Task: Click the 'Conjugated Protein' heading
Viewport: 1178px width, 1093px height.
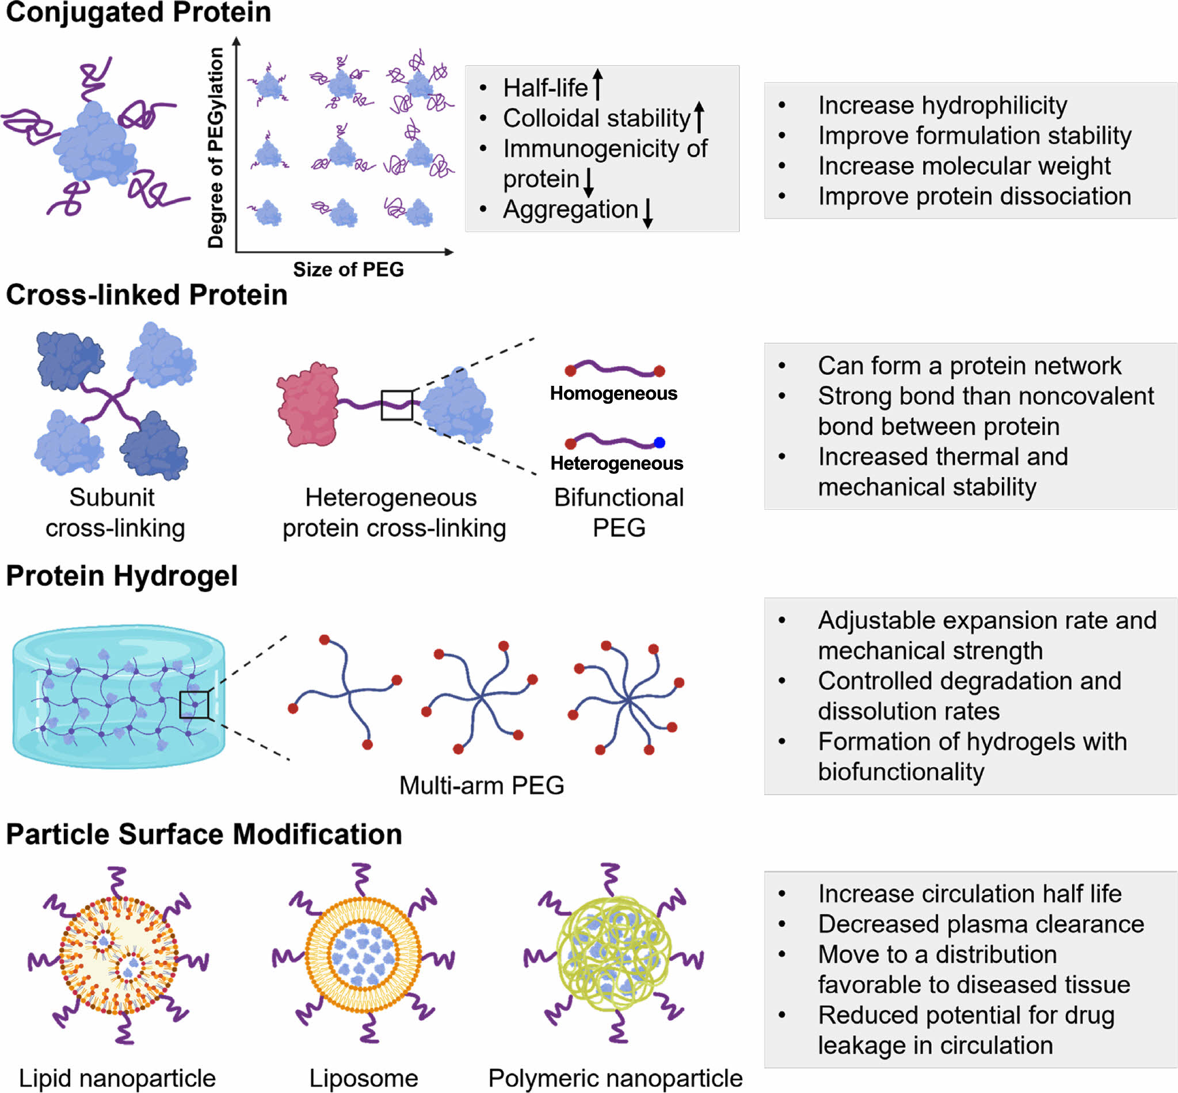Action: (x=138, y=13)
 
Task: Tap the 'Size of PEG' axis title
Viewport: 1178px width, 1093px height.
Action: (x=348, y=270)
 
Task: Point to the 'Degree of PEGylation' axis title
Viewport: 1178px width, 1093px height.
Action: (x=216, y=148)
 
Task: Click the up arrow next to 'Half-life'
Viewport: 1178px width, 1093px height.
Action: (x=597, y=85)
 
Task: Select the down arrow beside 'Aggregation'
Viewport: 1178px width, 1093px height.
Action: (x=648, y=213)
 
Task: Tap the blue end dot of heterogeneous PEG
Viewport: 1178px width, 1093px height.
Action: (x=659, y=442)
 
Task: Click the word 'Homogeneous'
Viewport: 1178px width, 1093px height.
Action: (x=613, y=394)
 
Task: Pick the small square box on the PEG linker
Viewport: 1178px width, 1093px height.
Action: (x=397, y=405)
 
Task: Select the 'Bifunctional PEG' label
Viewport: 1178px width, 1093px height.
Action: (x=618, y=512)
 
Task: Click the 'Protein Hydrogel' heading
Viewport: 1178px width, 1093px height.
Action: (x=122, y=576)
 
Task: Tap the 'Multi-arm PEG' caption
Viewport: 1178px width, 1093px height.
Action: (x=482, y=785)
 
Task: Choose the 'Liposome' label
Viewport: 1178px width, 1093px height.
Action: (x=364, y=1078)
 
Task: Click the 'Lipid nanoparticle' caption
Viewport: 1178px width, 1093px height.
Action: (x=117, y=1078)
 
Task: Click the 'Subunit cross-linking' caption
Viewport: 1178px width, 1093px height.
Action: (x=114, y=513)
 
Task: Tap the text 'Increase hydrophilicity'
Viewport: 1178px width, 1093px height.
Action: (x=942, y=105)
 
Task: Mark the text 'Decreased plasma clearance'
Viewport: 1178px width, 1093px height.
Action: (x=981, y=924)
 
